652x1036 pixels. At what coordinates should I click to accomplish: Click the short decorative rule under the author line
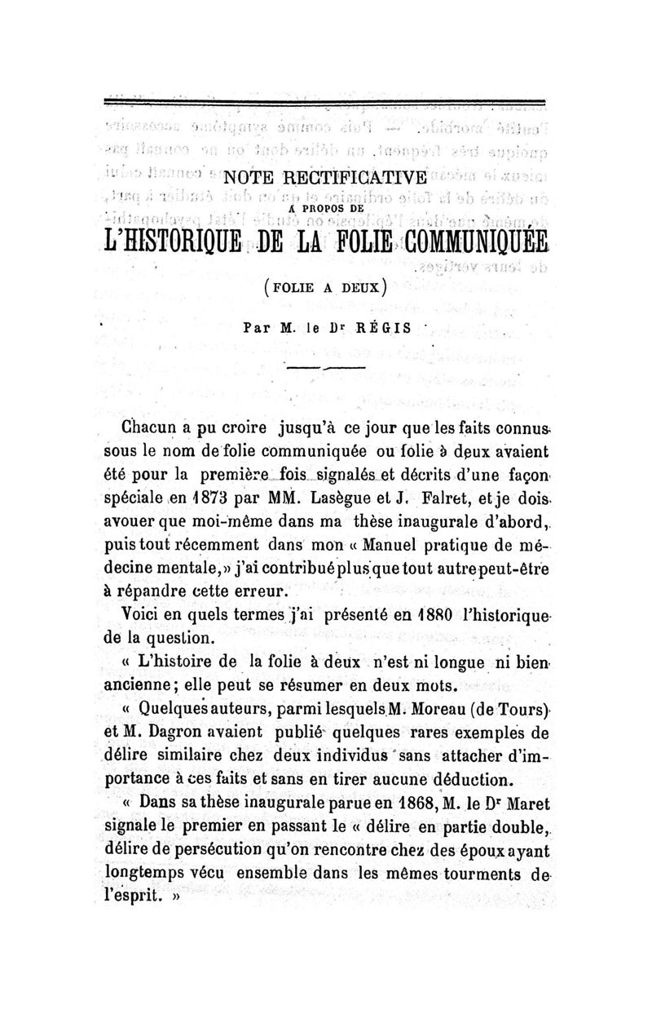click(325, 370)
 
